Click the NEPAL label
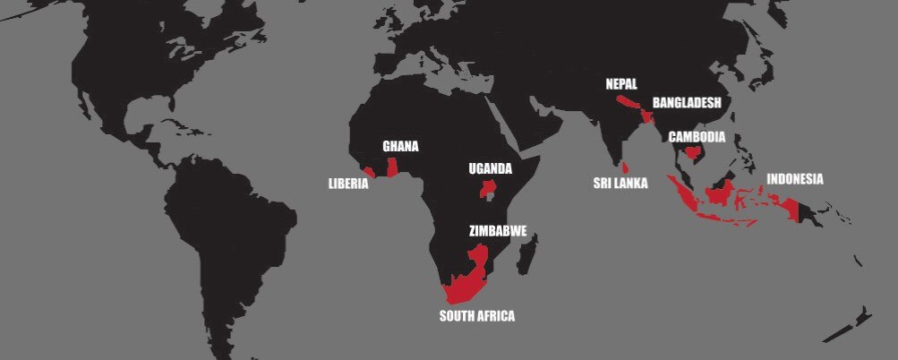[x=621, y=84]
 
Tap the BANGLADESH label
[x=687, y=103]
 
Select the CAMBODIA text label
[x=697, y=137]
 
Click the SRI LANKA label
[x=620, y=184]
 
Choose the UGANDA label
[x=491, y=168]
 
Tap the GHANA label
[x=400, y=146]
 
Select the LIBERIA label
[x=348, y=184]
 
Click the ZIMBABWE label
[x=498, y=230]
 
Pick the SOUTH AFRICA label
[x=476, y=315]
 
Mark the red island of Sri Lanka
[x=627, y=167]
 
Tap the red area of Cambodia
[x=691, y=153]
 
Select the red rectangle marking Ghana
[x=392, y=166]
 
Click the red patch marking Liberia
[x=369, y=170]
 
